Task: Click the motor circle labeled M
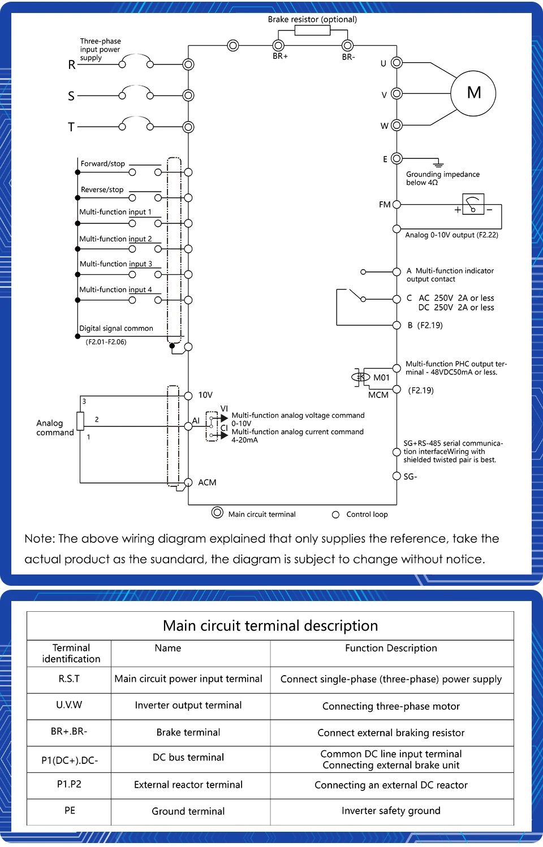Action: click(473, 93)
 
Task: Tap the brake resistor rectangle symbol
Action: click(312, 31)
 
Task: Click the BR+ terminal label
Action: click(280, 57)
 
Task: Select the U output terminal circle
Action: click(397, 63)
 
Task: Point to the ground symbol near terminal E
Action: click(438, 163)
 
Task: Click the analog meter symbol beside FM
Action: click(473, 204)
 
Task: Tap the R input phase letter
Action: click(72, 65)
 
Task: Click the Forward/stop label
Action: click(102, 164)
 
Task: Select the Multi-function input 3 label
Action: click(116, 264)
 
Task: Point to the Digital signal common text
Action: click(116, 329)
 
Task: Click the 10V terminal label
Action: click(205, 395)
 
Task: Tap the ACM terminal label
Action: click(207, 482)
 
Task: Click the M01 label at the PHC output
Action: click(381, 378)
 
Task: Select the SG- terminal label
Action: click(410, 477)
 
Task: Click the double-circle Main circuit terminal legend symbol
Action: click(217, 513)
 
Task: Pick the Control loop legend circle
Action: click(335, 515)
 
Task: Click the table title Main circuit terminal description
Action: click(270, 626)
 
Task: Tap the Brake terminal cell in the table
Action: click(188, 733)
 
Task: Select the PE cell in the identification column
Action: click(70, 811)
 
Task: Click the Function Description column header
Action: click(391, 649)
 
